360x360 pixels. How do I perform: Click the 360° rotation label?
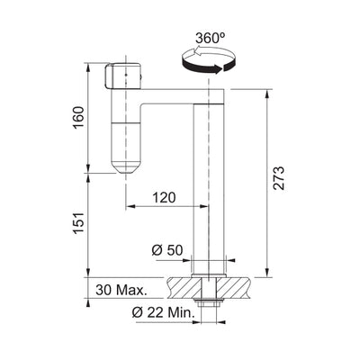click(210, 39)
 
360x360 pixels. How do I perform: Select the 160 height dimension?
click(79, 117)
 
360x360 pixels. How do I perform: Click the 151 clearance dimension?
click(79, 224)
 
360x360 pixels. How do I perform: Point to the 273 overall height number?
click(279, 178)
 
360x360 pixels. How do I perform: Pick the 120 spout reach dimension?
click(164, 198)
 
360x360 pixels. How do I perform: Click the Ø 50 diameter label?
click(167, 250)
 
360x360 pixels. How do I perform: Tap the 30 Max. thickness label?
click(121, 290)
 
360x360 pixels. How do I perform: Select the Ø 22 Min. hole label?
click(163, 313)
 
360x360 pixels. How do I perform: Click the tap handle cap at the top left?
click(123, 76)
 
